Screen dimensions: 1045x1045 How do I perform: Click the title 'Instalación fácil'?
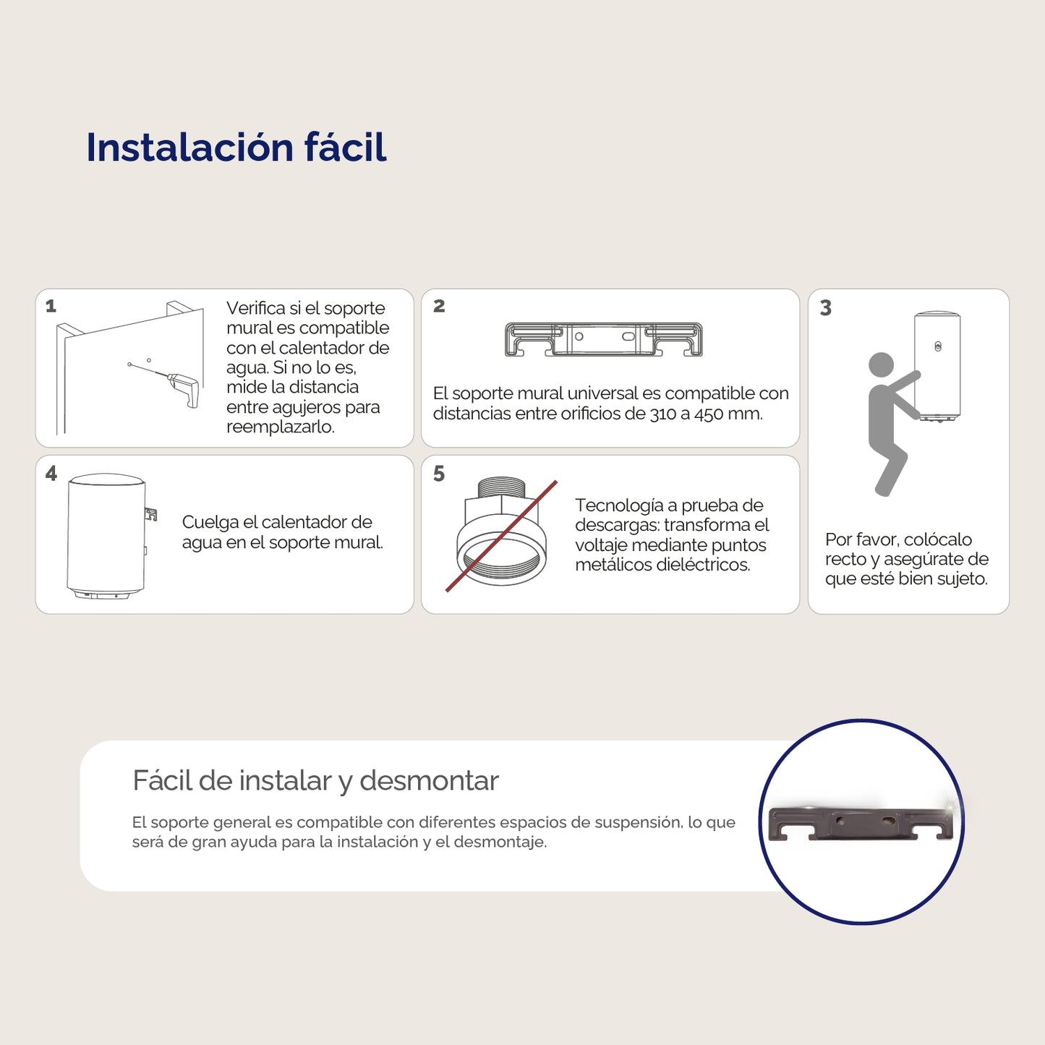tap(236, 148)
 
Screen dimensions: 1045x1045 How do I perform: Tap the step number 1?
tap(51, 306)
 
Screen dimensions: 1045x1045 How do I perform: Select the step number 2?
tap(439, 306)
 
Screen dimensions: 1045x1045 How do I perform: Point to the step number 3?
tap(825, 308)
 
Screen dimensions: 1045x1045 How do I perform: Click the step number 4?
tap(51, 474)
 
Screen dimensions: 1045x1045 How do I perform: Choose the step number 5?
tap(439, 474)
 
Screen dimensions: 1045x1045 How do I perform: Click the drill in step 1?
tap(184, 388)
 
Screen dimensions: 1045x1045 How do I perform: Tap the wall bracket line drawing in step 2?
tap(603, 339)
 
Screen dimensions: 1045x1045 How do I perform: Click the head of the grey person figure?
tap(881, 364)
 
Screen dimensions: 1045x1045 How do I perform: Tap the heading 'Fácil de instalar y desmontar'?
tap(315, 781)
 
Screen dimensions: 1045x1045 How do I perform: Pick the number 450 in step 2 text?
tap(708, 414)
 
